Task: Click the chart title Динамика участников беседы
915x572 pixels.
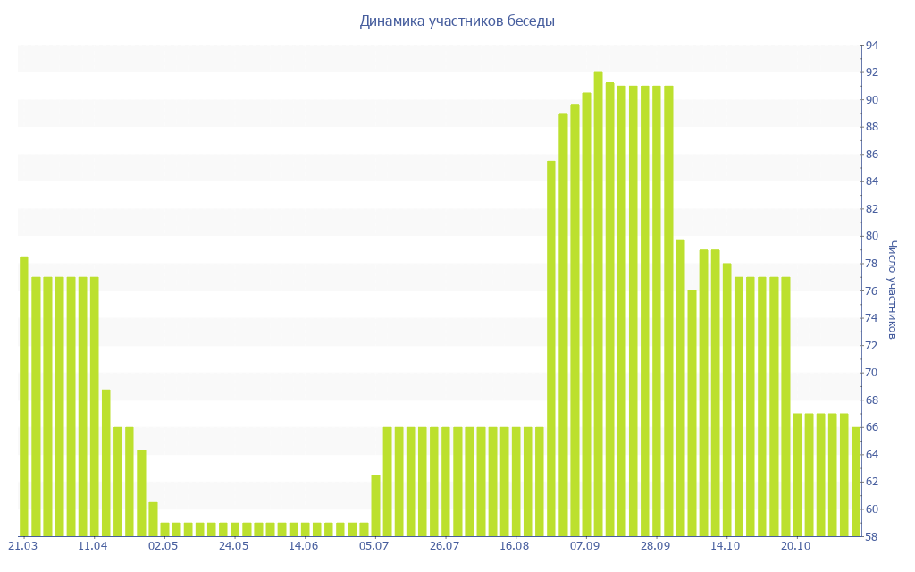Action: [x=457, y=21]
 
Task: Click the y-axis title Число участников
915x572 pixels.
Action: [x=892, y=290]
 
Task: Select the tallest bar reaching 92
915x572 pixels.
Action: [x=598, y=304]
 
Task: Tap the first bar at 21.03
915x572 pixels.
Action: [x=24, y=396]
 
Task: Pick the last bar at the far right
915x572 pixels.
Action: [x=855, y=482]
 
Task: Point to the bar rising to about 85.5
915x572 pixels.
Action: [x=551, y=349]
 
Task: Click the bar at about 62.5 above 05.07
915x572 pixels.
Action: [x=375, y=505]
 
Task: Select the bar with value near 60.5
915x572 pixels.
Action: [x=153, y=519]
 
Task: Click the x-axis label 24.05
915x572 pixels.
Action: [x=233, y=546]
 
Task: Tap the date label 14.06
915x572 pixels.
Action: [x=304, y=546]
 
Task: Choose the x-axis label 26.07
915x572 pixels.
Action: [x=444, y=546]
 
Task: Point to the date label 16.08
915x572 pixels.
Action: [x=515, y=546]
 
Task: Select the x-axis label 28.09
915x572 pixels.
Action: [x=655, y=546]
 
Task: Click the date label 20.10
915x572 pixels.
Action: [x=795, y=546]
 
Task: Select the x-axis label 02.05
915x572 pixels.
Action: [x=164, y=546]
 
